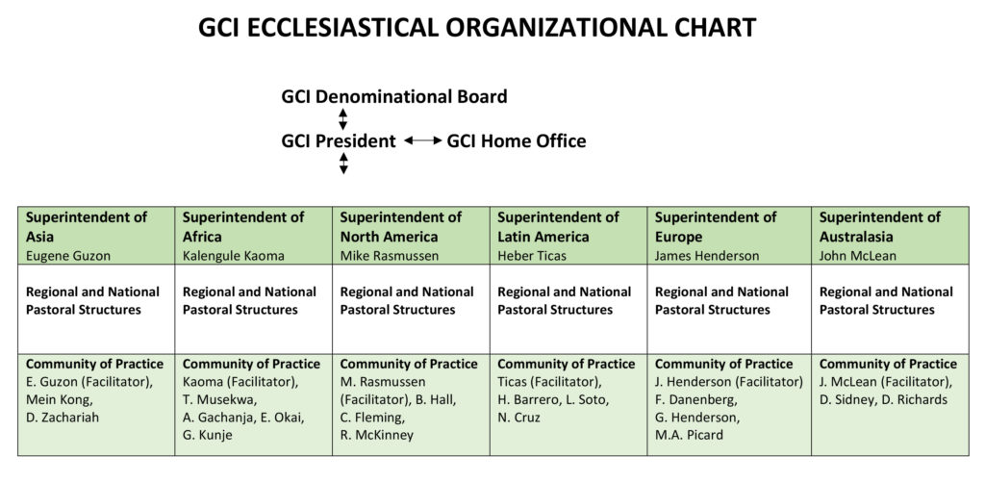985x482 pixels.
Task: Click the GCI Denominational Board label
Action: (x=393, y=97)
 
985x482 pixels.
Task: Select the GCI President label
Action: (x=339, y=140)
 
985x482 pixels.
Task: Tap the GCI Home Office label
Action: (x=517, y=140)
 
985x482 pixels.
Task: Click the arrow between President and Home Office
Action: (x=423, y=140)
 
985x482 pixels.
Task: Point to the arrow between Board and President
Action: (x=343, y=118)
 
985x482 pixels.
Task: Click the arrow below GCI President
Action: (x=343, y=163)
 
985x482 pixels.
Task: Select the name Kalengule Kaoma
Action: (x=233, y=256)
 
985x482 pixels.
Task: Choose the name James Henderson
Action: (x=707, y=256)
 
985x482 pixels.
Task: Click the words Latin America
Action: (x=543, y=237)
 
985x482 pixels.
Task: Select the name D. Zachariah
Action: (x=62, y=417)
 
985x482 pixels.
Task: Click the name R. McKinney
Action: (x=376, y=434)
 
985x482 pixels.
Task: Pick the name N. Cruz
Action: (x=518, y=417)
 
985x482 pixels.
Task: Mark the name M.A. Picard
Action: (x=689, y=434)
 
